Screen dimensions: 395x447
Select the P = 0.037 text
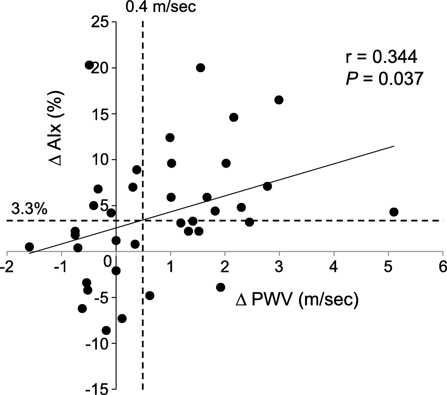pyautogui.click(x=383, y=79)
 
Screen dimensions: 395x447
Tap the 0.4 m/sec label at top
pyautogui.click(x=161, y=7)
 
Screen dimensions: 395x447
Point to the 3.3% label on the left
pyautogui.click(x=29, y=209)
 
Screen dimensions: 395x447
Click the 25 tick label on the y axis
pyautogui.click(x=100, y=22)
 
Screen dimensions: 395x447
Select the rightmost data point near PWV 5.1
pyautogui.click(x=394, y=212)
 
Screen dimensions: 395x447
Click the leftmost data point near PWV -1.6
pyautogui.click(x=30, y=247)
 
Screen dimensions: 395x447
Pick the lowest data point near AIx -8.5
pyautogui.click(x=106, y=331)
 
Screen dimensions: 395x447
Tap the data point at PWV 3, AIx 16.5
pyautogui.click(x=279, y=100)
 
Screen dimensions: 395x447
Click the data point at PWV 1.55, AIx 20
pyautogui.click(x=201, y=68)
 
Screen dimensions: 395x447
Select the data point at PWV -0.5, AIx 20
pyautogui.click(x=89, y=65)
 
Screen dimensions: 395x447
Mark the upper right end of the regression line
pyautogui.click(x=394, y=146)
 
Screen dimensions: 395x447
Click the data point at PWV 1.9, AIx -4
pyautogui.click(x=221, y=287)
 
